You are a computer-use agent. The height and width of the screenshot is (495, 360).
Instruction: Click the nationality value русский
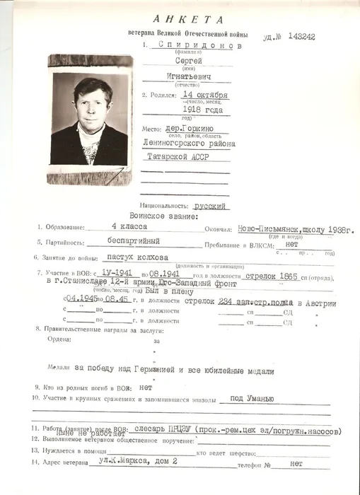coord(209,206)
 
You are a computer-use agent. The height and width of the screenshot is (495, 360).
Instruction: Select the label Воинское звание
coord(156,215)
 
